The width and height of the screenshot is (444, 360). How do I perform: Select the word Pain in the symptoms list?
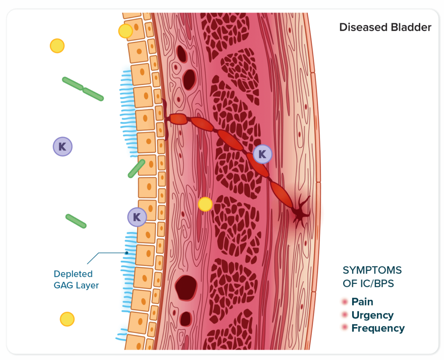point(362,302)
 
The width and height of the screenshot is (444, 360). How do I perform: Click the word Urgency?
point(372,315)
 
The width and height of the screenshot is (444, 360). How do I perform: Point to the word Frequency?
point(378,328)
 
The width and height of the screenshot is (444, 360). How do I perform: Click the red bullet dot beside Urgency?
point(345,315)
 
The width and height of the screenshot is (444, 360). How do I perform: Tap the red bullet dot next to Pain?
point(345,302)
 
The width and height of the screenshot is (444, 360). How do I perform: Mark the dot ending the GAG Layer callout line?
point(127,253)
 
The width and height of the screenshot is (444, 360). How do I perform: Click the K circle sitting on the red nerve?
point(262,154)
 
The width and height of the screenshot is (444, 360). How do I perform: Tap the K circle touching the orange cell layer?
point(137,217)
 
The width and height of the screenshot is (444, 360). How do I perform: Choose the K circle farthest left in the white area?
point(62,146)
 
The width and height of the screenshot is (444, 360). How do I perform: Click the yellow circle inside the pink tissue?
point(205,204)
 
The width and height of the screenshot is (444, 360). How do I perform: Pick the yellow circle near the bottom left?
point(67,319)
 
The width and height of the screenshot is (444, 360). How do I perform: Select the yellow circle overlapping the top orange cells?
point(125,31)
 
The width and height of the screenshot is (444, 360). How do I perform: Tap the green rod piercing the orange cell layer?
point(136,169)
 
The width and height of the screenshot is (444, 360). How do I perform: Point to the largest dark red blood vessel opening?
point(186,287)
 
